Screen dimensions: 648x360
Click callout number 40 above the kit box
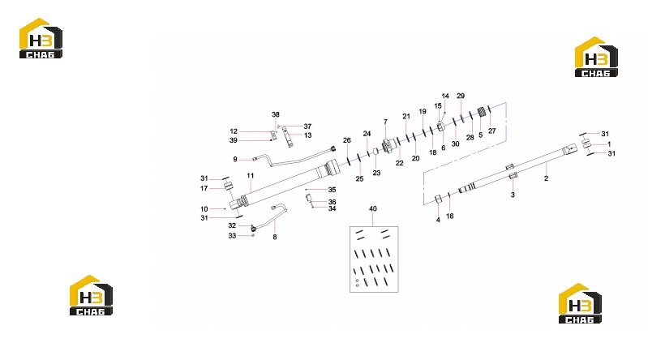click(x=373, y=208)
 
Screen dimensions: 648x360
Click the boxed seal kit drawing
click(x=374, y=259)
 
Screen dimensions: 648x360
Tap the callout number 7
click(x=385, y=122)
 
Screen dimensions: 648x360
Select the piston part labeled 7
click(x=388, y=145)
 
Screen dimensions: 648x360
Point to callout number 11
click(x=250, y=176)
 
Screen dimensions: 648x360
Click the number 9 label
click(x=235, y=159)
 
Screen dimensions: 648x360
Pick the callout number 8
click(x=274, y=237)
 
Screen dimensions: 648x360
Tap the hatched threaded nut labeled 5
click(x=482, y=113)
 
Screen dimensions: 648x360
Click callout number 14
click(x=445, y=96)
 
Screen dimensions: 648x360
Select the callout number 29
click(x=461, y=96)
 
